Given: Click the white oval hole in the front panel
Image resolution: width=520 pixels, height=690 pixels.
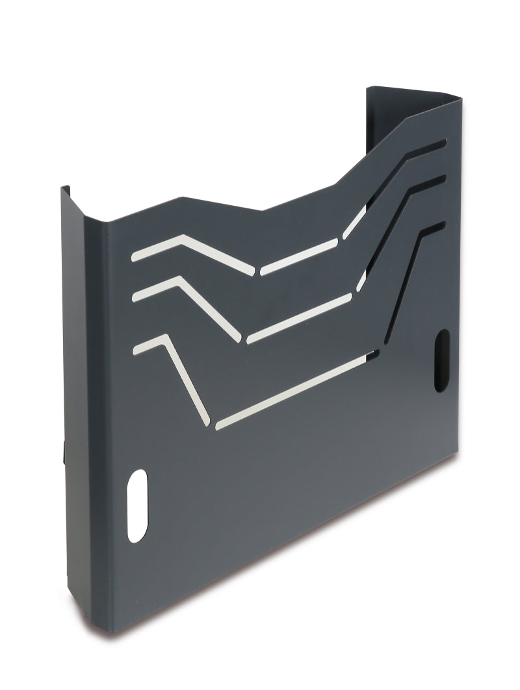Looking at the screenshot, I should [138, 505].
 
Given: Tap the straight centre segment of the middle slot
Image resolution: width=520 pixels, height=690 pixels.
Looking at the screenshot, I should [299, 318].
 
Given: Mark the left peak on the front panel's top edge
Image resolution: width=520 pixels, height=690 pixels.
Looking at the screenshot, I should [182, 198].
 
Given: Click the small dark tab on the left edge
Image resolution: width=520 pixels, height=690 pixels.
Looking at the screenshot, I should [64, 452].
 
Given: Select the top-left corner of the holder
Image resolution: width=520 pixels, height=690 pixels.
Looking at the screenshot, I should [64, 188].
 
